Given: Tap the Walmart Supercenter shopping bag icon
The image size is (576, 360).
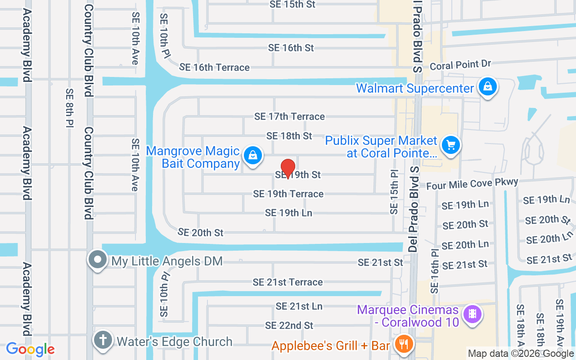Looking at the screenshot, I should coord(487,87).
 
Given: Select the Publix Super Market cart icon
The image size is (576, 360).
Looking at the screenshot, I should coord(450,145).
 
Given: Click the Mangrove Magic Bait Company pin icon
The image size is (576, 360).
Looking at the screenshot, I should coord(253,156).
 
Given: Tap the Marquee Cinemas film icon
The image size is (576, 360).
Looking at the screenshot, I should coord(472,313).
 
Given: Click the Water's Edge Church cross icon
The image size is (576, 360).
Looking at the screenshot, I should coord(103,340).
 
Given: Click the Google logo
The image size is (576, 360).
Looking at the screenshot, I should coord(30,349).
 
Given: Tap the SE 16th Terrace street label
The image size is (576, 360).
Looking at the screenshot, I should coord(214,67).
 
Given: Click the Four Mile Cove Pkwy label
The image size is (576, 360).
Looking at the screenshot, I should coord(472,184).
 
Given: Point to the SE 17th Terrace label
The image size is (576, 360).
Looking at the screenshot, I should coord(289,117).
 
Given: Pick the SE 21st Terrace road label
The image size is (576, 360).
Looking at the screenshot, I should coord(288,282).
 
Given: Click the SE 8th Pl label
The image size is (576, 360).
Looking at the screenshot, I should coord(69,108).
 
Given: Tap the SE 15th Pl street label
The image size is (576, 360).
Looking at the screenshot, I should coord(395,192).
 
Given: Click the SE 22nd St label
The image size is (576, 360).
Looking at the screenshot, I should coord(289,325).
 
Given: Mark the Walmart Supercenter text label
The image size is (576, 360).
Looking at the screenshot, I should coord(415,88).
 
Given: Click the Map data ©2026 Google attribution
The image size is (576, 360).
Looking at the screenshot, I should coord(521,354).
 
